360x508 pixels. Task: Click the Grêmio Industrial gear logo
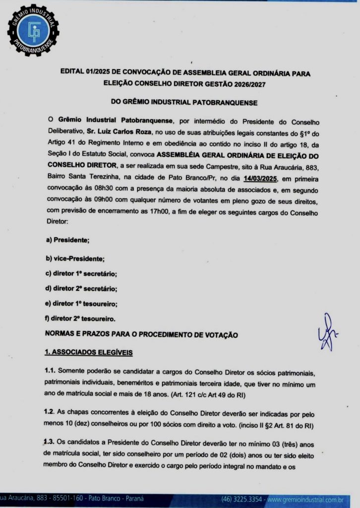tap(33, 30)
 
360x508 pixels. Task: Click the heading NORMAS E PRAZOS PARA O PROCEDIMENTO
tap(141, 335)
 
